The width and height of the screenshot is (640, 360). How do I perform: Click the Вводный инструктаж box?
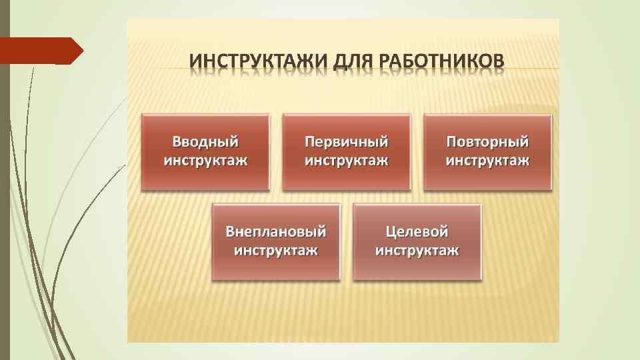(205, 151)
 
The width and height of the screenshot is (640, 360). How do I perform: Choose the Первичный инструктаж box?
(347, 151)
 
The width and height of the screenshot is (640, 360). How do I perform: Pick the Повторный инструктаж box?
(488, 151)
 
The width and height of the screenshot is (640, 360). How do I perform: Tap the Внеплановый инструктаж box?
(276, 241)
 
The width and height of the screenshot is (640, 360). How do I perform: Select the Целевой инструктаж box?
(417, 241)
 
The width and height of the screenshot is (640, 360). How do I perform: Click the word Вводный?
(205, 142)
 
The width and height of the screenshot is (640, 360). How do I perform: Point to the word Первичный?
(347, 142)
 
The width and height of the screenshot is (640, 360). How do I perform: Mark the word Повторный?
(488, 142)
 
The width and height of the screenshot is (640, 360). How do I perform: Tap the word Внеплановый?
(276, 232)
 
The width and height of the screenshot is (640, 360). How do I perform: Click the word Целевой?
(417, 232)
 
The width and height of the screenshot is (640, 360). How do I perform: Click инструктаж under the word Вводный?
(205, 161)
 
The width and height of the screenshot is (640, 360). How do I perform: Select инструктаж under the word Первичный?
(347, 161)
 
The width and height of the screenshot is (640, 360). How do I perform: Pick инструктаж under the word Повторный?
(488, 161)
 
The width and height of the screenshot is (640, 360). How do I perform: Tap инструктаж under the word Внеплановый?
(276, 251)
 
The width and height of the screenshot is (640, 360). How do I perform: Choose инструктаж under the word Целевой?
(417, 251)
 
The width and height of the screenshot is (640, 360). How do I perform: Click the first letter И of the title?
(195, 60)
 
